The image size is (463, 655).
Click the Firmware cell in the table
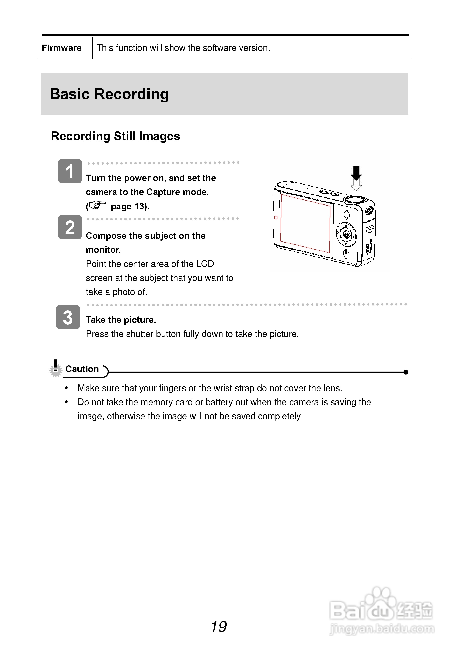(x=62, y=48)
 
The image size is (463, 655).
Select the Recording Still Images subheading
(x=115, y=136)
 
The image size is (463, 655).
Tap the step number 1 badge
(x=70, y=171)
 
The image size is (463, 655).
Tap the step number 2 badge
(x=70, y=227)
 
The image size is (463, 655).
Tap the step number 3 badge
(x=68, y=317)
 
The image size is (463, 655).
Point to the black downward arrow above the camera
(x=356, y=173)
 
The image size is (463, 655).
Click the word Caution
(x=82, y=369)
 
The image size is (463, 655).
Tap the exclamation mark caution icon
(x=56, y=368)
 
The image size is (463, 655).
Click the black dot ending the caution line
(x=406, y=372)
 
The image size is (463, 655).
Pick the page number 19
(x=219, y=627)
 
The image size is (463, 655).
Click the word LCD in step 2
(x=205, y=264)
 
